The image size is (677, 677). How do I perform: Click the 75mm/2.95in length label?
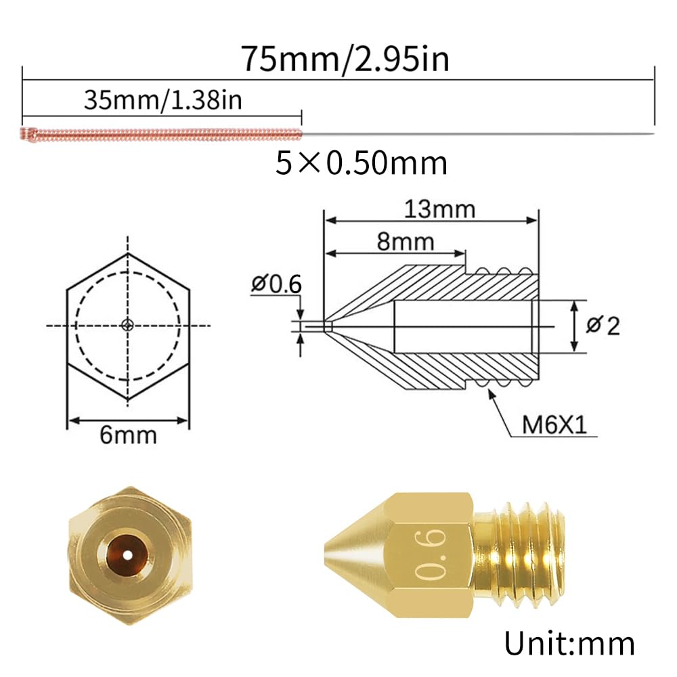[345, 60]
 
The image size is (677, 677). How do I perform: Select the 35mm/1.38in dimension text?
[162, 101]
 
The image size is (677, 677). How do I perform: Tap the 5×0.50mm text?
[362, 164]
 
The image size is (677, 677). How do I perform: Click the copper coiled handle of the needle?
[160, 133]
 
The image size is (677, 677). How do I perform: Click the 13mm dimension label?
[439, 209]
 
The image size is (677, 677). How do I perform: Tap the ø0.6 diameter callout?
[276, 284]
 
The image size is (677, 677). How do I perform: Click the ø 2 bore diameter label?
[603, 326]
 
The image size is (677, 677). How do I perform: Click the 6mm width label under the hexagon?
[128, 434]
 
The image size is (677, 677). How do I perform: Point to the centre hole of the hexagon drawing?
[128, 326]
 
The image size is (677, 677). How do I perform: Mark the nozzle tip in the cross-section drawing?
[326, 326]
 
